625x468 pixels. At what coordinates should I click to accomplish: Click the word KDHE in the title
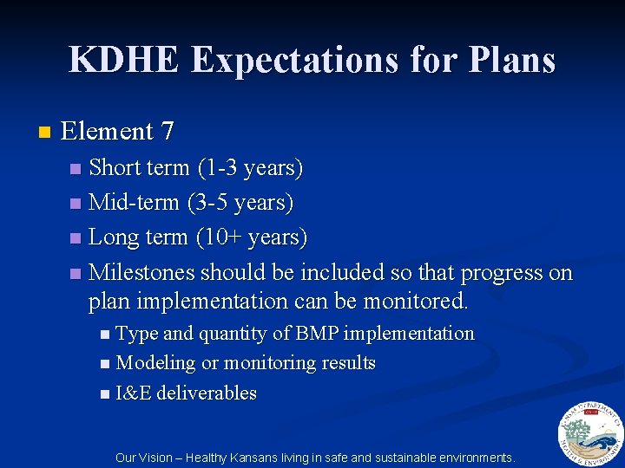[124, 60]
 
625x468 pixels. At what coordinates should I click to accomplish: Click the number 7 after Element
[168, 132]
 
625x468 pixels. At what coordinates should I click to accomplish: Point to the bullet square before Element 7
[45, 133]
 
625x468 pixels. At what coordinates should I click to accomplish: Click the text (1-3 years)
[250, 167]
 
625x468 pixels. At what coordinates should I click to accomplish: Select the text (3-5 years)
[240, 203]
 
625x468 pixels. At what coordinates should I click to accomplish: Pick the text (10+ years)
[252, 237]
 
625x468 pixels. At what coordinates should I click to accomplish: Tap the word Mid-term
[134, 203]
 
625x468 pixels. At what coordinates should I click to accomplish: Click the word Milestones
[142, 272]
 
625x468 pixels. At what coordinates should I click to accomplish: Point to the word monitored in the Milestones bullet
[420, 302]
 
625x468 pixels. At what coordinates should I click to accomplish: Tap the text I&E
[134, 393]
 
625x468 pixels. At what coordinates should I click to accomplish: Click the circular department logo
[589, 432]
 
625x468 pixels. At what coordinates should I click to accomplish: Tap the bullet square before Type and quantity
[104, 335]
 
